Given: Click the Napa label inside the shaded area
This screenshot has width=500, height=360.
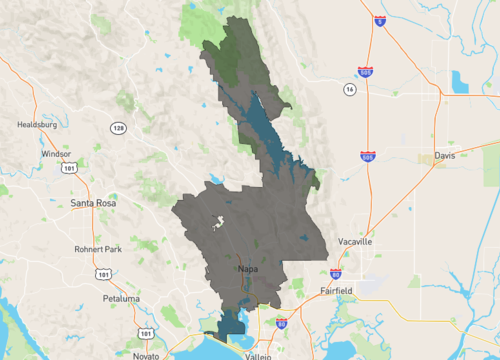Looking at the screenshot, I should coord(250,270).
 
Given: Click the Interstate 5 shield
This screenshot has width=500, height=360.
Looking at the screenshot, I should coord(380,20).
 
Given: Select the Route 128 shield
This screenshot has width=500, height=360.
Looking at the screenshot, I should coord(119,128).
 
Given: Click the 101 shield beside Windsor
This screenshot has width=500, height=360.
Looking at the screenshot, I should coord(67,169).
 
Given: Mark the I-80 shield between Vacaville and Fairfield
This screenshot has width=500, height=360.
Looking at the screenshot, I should coord(335,272).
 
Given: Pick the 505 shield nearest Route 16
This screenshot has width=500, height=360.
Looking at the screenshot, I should coord(367,71).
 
